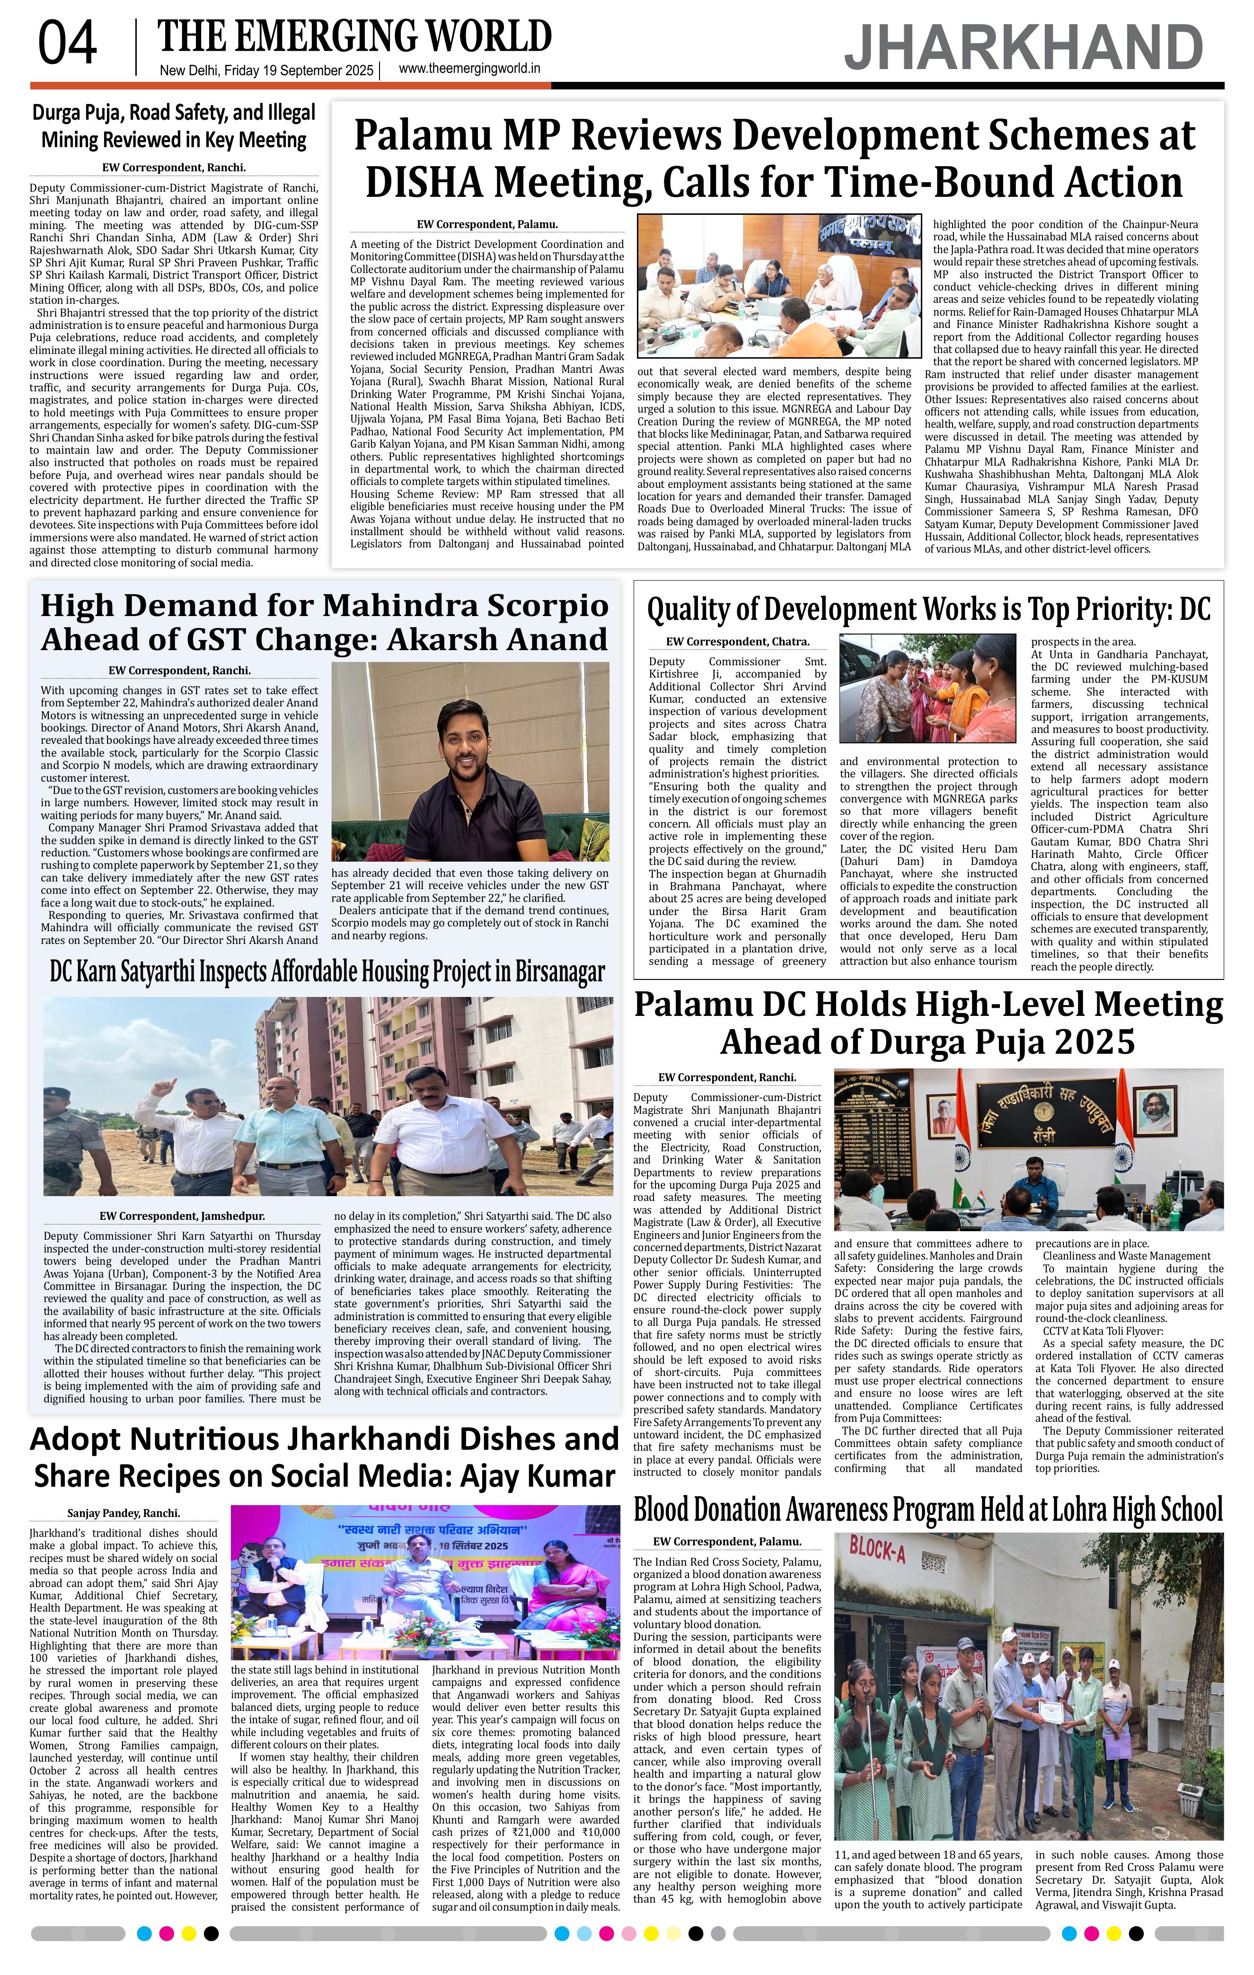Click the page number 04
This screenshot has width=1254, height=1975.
click(67, 44)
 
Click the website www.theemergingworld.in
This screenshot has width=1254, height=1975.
click(469, 69)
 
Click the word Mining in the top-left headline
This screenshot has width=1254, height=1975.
click(75, 140)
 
